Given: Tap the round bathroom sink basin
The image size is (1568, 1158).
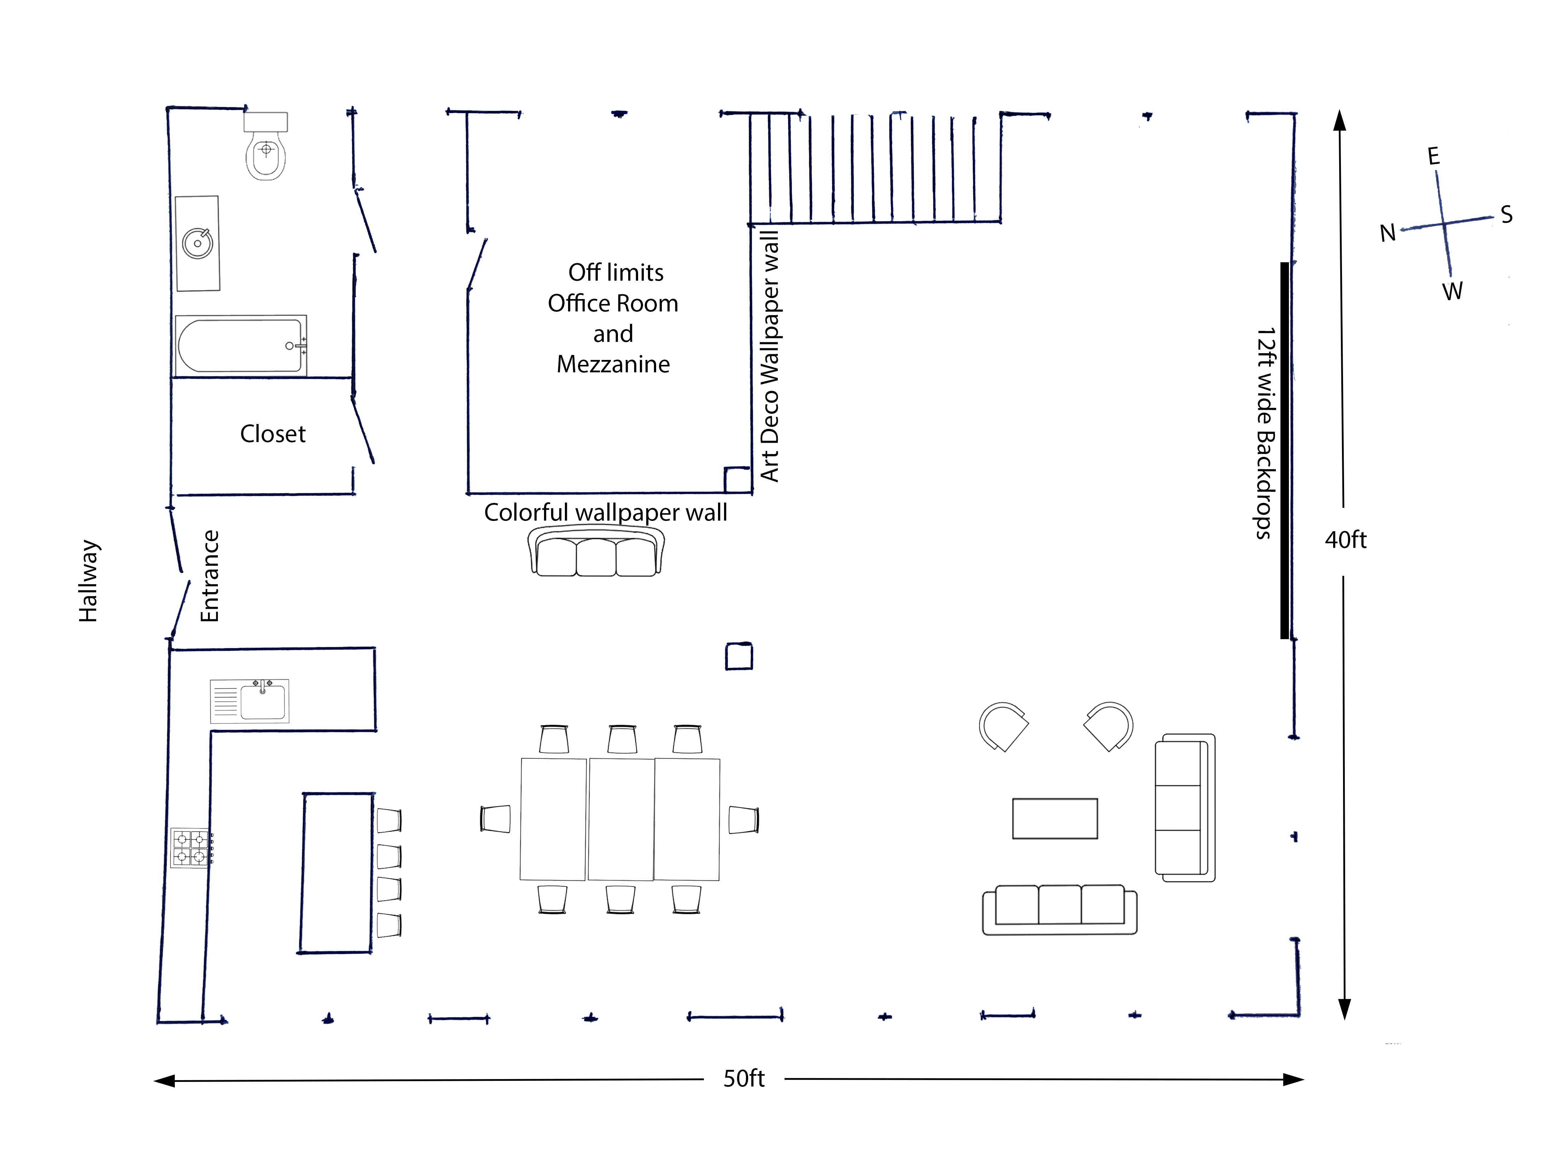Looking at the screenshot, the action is pos(198,243).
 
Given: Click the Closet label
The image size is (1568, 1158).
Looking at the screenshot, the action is pos(273,434).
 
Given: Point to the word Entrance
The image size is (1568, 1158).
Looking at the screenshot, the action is pos(209,576).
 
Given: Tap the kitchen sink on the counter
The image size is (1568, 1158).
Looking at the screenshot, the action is pos(249,700).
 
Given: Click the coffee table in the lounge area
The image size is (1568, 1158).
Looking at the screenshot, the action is pos(1054,818).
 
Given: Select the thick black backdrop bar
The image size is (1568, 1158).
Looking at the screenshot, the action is pos(1284,451).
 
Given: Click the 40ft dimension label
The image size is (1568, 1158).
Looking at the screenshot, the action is pos(1345,540).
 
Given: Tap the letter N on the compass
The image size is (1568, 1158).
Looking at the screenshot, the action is pos(1387,233).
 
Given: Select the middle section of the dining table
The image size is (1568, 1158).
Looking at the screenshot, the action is pos(621,819).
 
